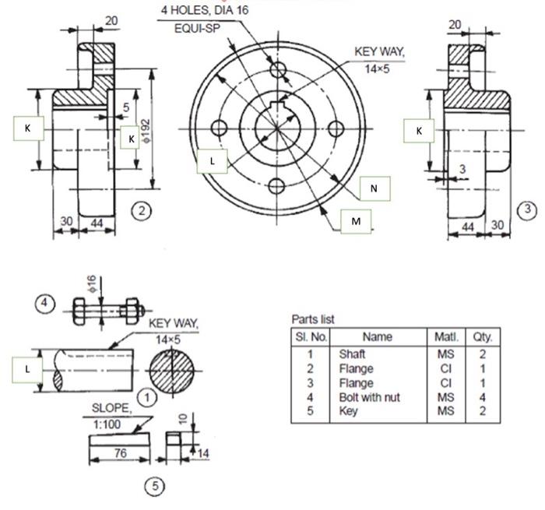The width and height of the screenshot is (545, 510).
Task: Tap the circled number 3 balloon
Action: point(528,209)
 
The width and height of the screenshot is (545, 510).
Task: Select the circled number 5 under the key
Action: point(156,486)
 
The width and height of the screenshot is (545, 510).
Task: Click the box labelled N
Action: point(374,188)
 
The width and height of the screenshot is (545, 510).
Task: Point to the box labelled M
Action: point(356,221)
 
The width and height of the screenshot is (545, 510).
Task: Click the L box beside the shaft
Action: point(28,368)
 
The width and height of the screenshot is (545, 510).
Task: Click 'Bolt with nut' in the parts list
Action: point(369,397)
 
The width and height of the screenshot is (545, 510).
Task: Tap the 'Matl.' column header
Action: point(446,337)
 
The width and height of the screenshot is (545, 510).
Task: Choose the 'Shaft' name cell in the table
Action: point(352,354)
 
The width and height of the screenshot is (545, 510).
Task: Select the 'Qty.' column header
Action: point(483,337)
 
